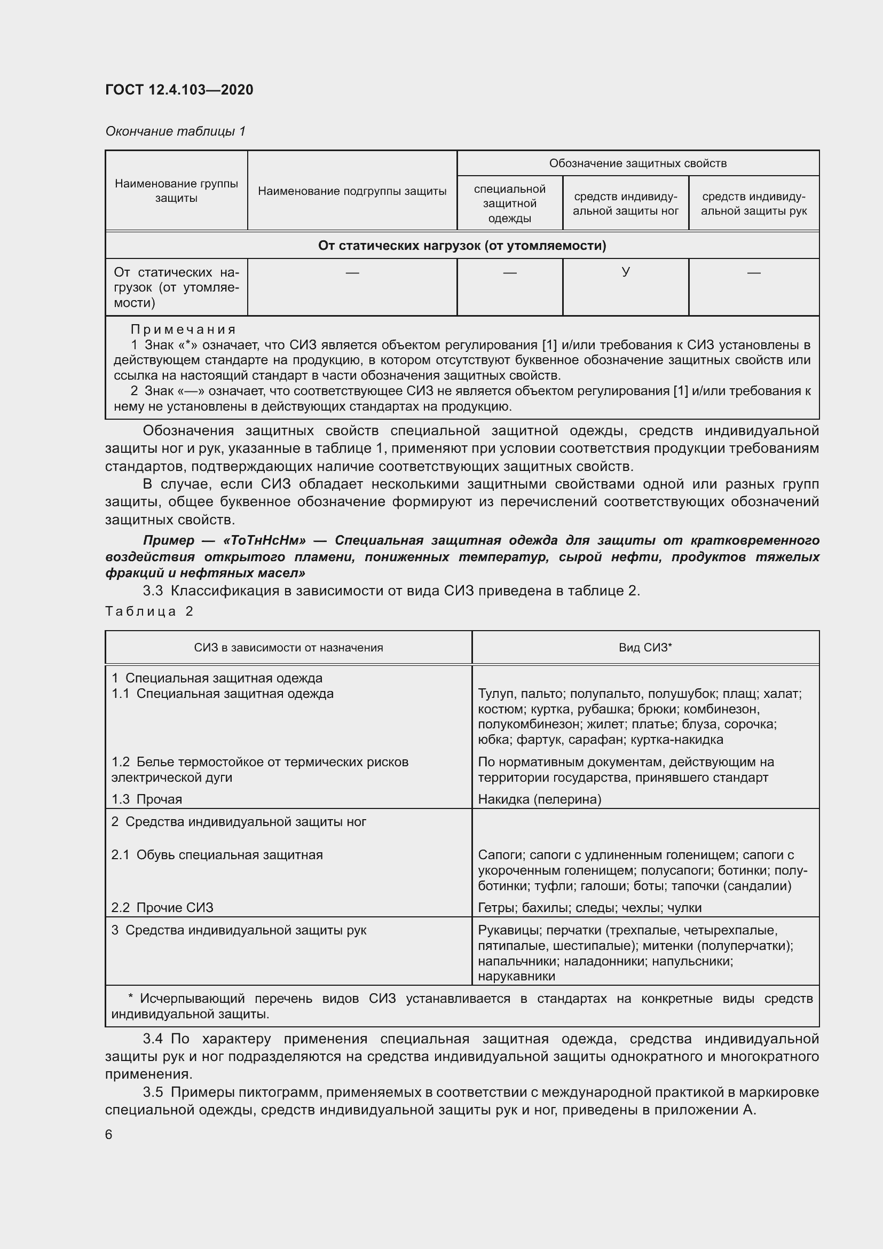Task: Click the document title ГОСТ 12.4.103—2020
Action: point(179,90)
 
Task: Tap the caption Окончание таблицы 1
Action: point(175,131)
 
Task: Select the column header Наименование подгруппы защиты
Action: point(352,191)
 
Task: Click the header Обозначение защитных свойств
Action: point(637,163)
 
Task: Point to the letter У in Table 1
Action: point(625,272)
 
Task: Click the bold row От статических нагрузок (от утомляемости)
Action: point(462,246)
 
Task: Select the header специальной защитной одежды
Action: point(509,203)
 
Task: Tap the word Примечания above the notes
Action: point(183,329)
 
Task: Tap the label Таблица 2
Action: point(149,611)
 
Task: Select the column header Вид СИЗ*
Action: point(645,647)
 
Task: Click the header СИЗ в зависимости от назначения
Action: point(288,647)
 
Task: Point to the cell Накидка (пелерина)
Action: point(539,799)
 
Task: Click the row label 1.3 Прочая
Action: point(147,799)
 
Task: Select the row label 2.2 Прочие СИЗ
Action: point(162,907)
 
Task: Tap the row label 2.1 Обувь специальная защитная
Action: point(217,854)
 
